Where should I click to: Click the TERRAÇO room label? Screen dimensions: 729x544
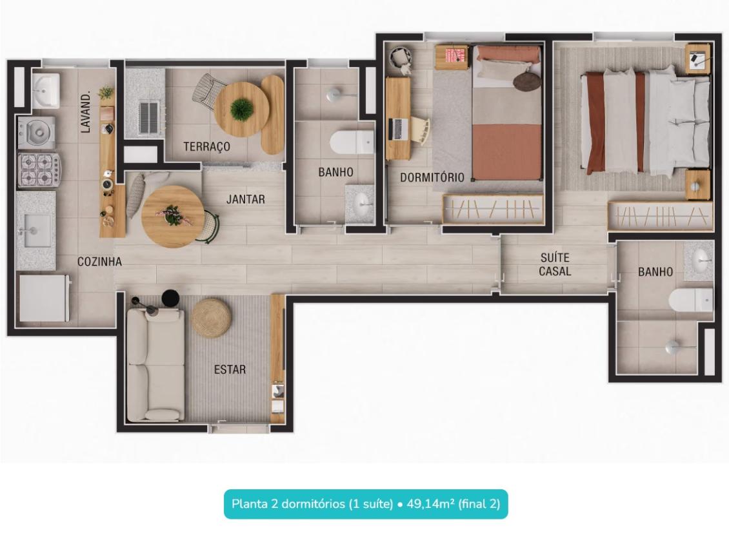coord(207,147)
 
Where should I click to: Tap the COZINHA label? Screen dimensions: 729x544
coord(99,262)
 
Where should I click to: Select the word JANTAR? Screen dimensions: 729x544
coord(246,199)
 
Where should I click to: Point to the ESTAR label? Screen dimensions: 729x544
coord(230,369)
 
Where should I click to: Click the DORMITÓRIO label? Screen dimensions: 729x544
coord(432,177)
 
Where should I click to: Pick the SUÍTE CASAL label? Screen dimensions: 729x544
coord(555,264)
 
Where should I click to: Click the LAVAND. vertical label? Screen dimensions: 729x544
coord(86,113)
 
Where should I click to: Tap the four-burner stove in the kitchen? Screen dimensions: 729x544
coord(39,170)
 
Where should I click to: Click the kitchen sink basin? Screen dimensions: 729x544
coord(37,230)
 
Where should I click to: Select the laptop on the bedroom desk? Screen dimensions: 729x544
coord(399,129)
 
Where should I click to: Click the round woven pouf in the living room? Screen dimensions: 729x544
coord(212,317)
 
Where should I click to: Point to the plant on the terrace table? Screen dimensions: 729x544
coord(242,109)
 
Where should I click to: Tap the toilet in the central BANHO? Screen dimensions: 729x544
coord(352,142)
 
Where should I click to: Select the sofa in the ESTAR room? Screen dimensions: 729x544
coord(155,365)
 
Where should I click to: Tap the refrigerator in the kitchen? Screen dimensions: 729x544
coord(44,298)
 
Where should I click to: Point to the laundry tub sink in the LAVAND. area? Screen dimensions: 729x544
coord(46,91)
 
